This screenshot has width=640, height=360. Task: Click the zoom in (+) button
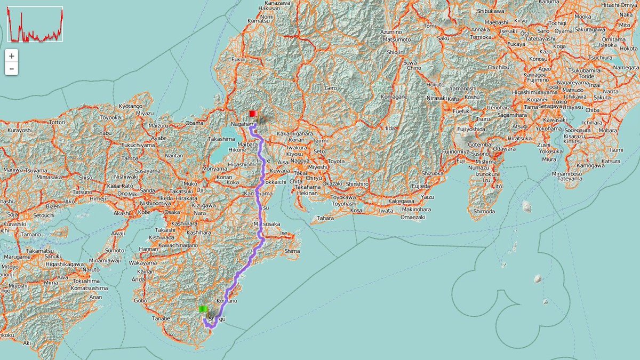(x=12, y=55)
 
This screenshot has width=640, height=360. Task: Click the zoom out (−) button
(x=12, y=69)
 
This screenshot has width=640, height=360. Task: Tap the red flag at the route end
(x=253, y=113)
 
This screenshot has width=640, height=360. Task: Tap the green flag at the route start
(x=203, y=309)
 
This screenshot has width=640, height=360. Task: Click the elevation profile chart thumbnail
(x=35, y=24)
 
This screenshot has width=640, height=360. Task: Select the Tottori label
(x=57, y=122)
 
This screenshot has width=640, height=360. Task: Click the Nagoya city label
(x=300, y=160)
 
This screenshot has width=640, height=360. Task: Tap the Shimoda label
(x=485, y=211)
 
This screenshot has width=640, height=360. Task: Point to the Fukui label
(x=238, y=60)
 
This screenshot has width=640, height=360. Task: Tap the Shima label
(x=292, y=251)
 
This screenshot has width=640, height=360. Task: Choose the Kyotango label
(x=131, y=106)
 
